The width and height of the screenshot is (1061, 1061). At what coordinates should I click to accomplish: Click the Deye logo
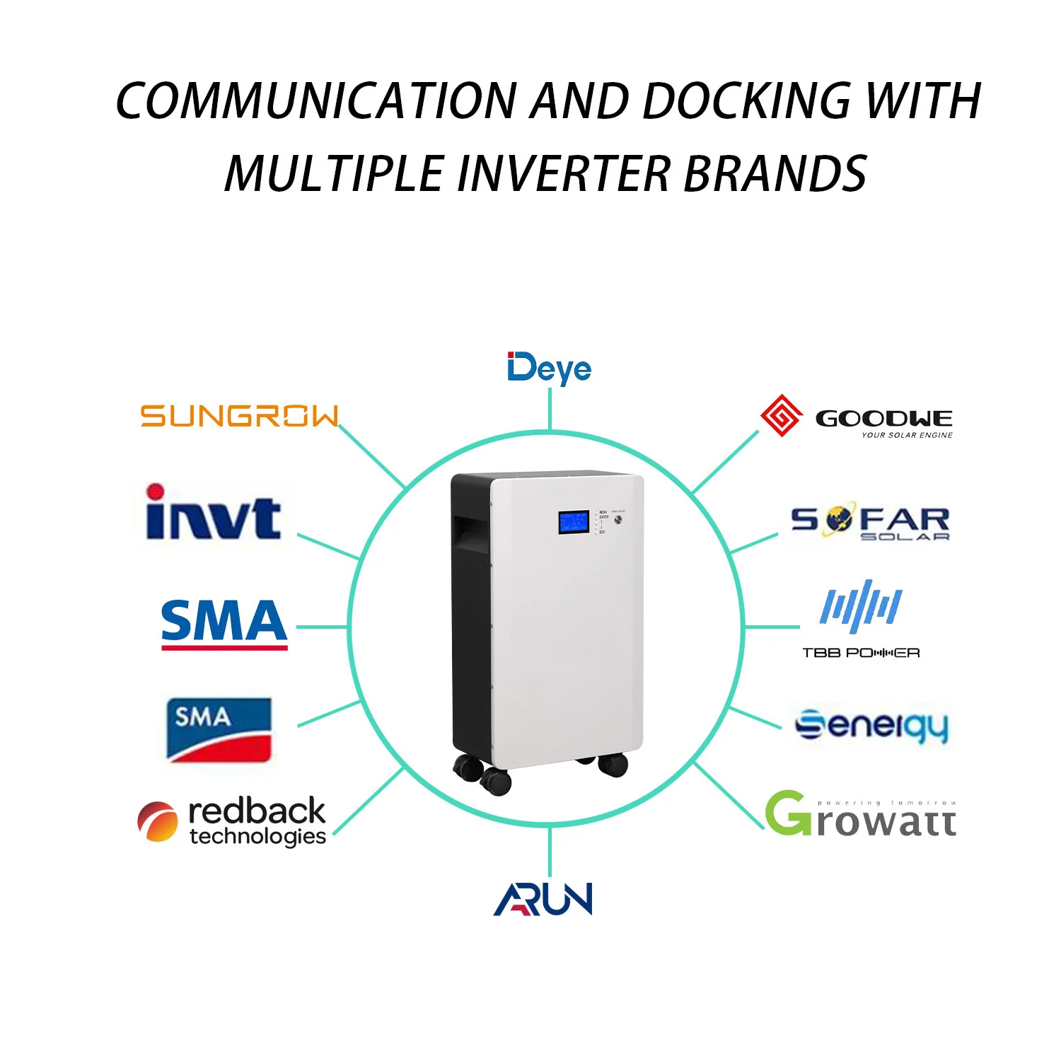pos(549,369)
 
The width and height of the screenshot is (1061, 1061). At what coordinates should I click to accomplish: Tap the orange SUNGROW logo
pos(240,416)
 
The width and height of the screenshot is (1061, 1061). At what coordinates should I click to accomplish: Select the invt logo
pos(213,513)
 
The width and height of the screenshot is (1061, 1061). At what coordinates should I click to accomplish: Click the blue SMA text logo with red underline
pos(224,622)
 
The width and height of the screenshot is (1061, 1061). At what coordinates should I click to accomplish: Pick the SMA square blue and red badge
pos(219,730)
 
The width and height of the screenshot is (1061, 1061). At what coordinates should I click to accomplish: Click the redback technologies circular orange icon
pos(157,822)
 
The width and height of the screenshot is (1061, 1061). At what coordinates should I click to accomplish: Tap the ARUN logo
pos(543,899)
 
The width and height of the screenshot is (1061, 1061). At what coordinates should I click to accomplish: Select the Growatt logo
pos(860,815)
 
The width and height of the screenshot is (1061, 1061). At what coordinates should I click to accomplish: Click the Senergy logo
pos(871,726)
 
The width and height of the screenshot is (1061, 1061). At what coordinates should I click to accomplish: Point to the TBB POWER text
pos(861,653)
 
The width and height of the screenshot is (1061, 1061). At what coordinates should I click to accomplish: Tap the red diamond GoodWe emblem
pos(780,415)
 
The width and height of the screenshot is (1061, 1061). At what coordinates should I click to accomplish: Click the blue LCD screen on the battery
pos(574,522)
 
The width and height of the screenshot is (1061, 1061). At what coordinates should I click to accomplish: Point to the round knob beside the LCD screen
pos(619,520)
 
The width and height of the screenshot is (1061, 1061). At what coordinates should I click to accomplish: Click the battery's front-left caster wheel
pos(495,781)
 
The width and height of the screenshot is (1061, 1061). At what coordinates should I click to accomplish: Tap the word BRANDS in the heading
pos(775,174)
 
